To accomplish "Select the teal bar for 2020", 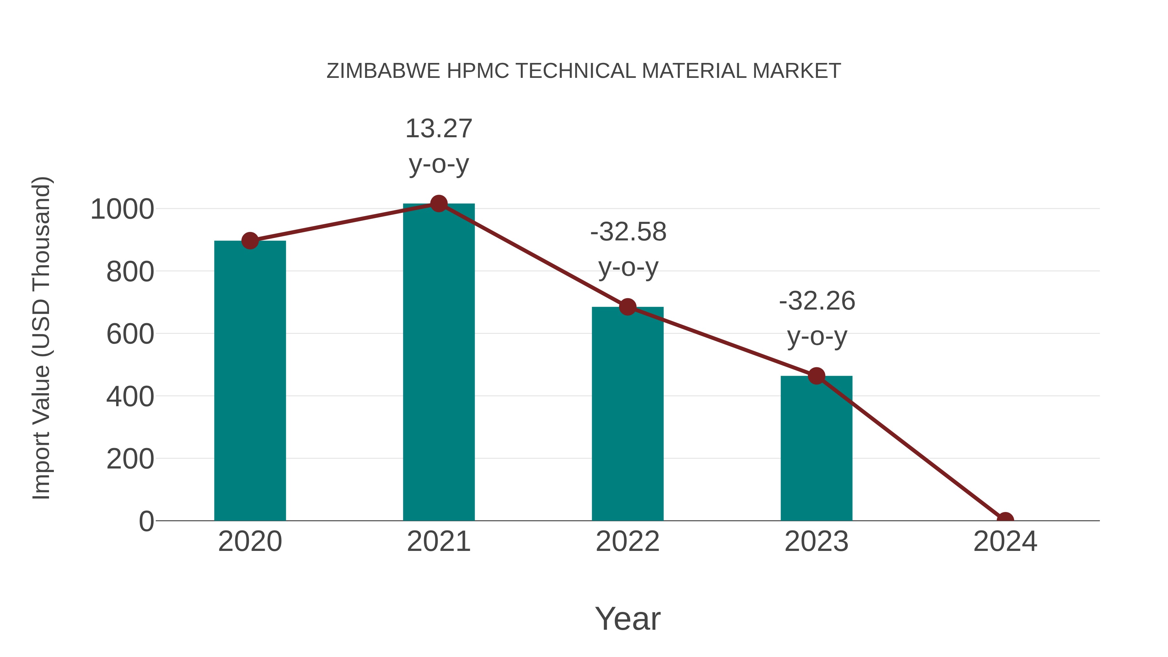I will (x=250, y=381).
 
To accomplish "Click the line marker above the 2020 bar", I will (x=250, y=241).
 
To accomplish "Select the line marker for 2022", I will (x=627, y=307).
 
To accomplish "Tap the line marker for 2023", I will (x=816, y=376).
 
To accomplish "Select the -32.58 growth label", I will (x=628, y=249).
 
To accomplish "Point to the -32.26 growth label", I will (x=817, y=318).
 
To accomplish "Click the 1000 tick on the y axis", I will (x=122, y=210).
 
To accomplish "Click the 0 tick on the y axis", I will (x=146, y=521).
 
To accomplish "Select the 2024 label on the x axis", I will (x=1005, y=541).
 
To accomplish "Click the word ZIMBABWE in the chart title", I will (x=383, y=71).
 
